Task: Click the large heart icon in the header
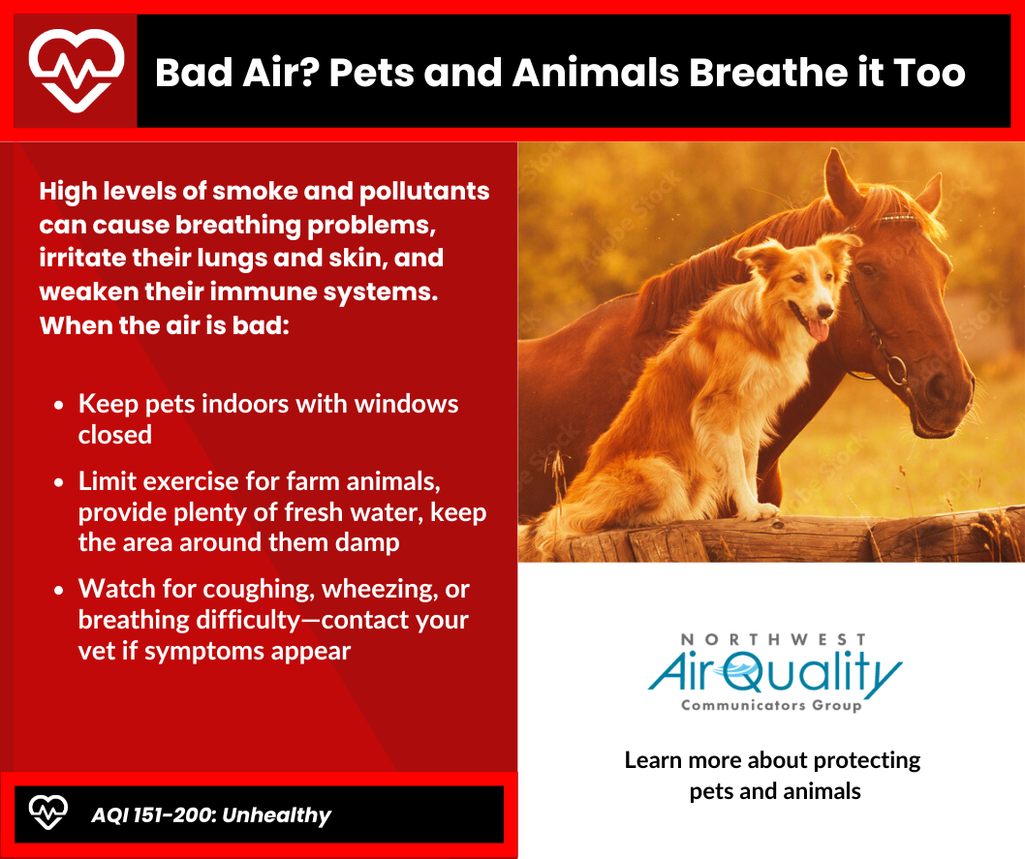click(x=77, y=71)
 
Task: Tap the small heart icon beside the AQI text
click(x=47, y=813)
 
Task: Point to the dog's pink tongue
click(x=818, y=328)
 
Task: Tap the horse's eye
click(x=867, y=269)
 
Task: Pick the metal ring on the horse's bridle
click(x=896, y=370)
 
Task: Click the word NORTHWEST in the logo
click(x=773, y=639)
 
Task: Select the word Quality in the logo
click(x=813, y=673)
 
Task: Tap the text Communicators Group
click(x=771, y=705)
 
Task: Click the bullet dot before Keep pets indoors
click(x=59, y=405)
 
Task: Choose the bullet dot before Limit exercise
click(x=59, y=482)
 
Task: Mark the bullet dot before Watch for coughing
click(x=59, y=590)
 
